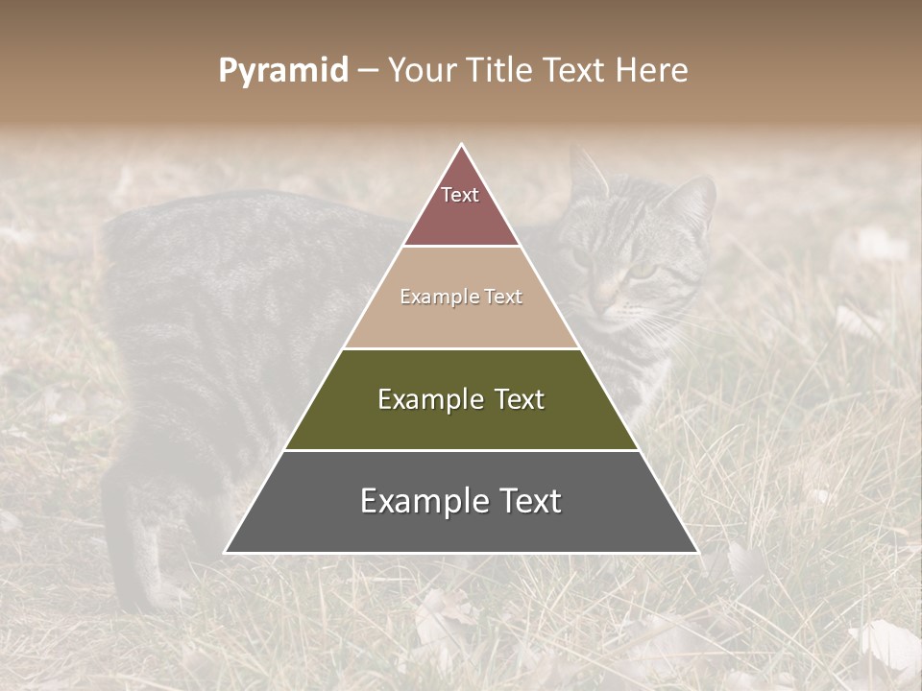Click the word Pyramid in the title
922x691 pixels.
(283, 71)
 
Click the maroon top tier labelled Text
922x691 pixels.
(461, 206)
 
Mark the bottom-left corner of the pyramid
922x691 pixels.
(227, 552)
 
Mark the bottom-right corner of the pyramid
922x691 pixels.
(696, 552)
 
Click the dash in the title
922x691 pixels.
(368, 71)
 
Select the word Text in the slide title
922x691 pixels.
(574, 71)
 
